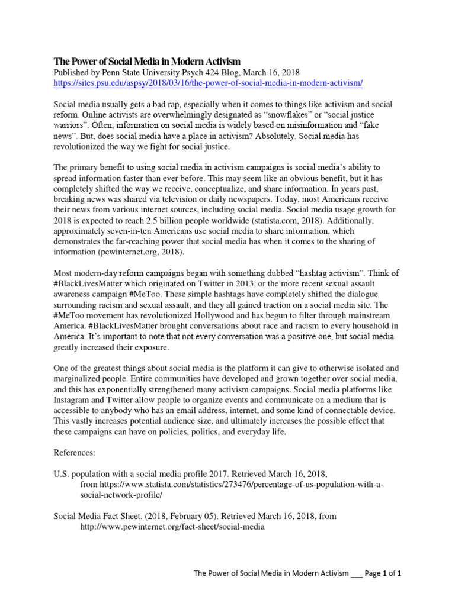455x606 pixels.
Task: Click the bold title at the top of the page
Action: (148, 62)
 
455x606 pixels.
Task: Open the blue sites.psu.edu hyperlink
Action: (208, 83)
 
